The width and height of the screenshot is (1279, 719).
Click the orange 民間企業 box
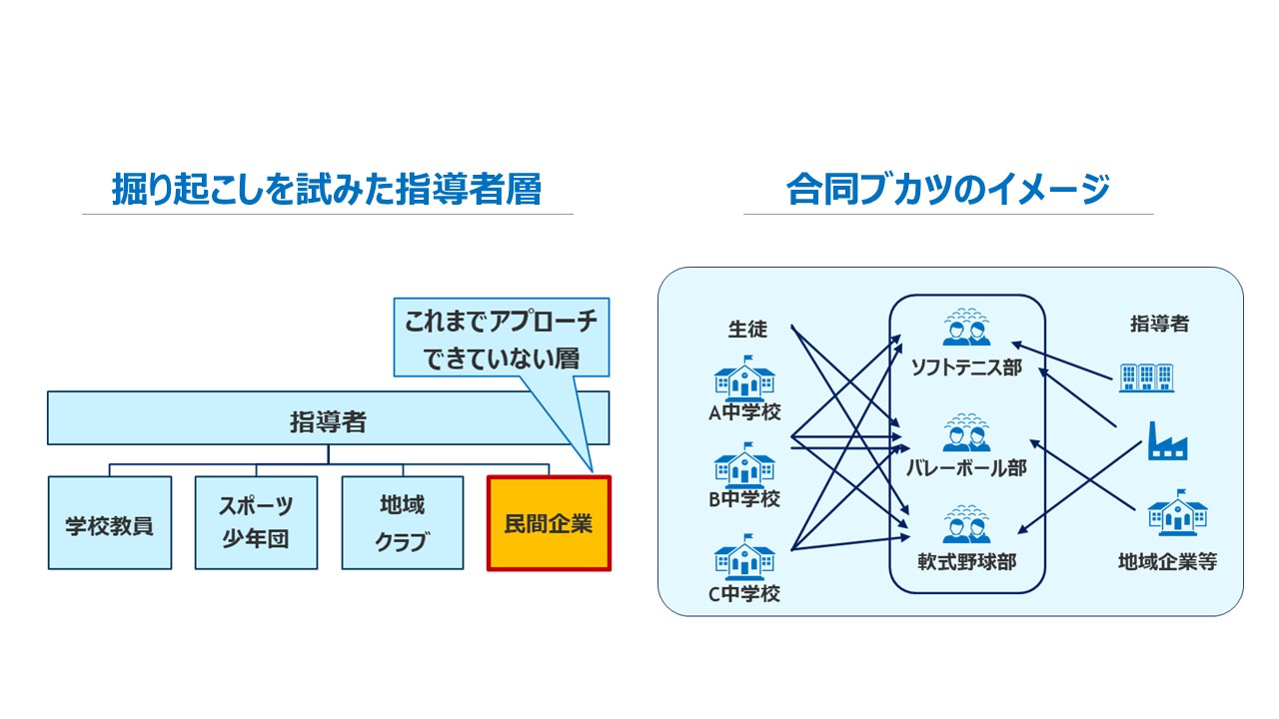(549, 523)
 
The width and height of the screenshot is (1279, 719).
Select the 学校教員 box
(110, 522)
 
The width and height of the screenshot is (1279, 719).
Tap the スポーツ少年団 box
(256, 522)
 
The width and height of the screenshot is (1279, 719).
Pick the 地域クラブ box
(403, 522)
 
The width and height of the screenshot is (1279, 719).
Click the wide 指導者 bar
(329, 418)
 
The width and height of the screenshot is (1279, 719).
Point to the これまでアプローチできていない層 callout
(502, 338)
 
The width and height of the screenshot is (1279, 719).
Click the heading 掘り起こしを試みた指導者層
(327, 189)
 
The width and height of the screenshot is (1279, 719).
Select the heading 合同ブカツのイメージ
(948, 189)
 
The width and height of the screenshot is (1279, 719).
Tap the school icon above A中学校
(744, 377)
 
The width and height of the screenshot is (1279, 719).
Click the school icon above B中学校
(744, 464)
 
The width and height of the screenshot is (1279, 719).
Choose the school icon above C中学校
(744, 557)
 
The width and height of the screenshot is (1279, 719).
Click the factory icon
(1168, 440)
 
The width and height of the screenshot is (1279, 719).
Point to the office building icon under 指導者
(1146, 377)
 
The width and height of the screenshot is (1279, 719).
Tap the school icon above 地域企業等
(1178, 512)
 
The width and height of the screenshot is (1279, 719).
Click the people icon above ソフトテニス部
(966, 328)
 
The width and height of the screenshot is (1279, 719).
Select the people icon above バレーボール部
(966, 432)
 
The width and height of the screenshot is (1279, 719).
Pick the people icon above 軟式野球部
(966, 524)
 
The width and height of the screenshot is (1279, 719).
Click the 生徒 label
(747, 330)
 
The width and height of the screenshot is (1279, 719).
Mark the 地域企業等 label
(1167, 562)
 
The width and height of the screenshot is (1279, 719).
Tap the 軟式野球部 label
(967, 562)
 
